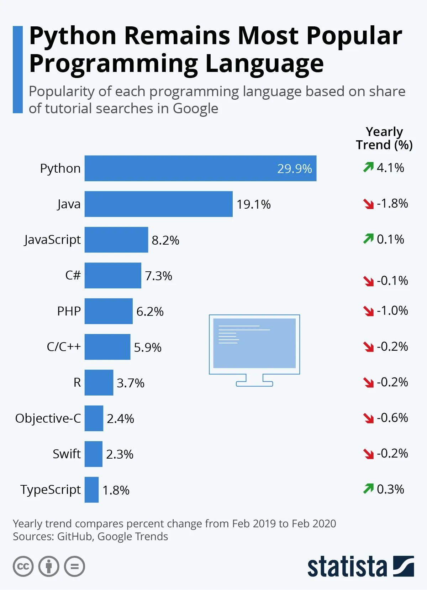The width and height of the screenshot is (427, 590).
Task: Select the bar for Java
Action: (158, 204)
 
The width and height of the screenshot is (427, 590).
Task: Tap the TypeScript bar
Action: (91, 490)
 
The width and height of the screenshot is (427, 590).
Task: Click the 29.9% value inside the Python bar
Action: (294, 169)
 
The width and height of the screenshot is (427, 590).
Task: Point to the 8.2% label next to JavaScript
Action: (165, 240)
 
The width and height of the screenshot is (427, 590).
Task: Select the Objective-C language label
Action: (48, 418)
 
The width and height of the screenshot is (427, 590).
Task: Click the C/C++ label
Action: (64, 347)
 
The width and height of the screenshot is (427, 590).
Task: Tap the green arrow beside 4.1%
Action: (368, 167)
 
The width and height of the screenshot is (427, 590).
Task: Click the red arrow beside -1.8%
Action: (368, 204)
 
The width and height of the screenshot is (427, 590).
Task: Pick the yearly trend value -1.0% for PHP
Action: (392, 311)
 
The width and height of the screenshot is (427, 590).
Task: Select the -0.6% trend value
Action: (392, 418)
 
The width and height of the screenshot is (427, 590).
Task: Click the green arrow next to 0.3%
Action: (368, 489)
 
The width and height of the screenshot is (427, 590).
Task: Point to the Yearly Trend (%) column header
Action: (384, 138)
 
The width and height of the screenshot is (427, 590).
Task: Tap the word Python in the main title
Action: (73, 36)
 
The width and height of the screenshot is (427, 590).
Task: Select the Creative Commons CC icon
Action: (23, 566)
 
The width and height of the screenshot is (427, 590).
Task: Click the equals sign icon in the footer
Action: (75, 566)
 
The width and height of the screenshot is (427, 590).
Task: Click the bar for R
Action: (99, 382)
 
